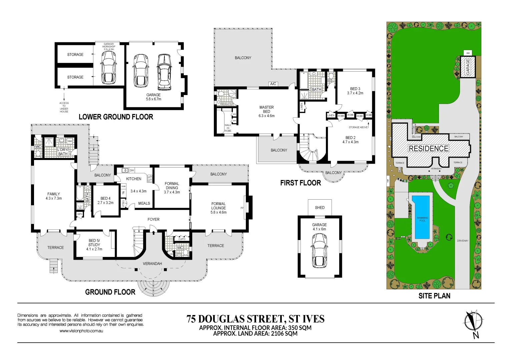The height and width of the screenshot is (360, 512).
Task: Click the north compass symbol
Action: (x=473, y=322)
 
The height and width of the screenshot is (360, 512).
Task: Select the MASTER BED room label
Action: (x=267, y=111)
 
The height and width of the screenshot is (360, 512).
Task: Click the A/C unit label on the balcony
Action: (x=273, y=84)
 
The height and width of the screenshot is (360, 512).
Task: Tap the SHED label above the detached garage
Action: (x=320, y=207)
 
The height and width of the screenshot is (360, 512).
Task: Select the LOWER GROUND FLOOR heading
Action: (x=116, y=117)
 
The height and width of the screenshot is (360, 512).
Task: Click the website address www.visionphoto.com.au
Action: (x=81, y=331)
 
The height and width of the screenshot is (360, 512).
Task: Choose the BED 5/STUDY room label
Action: (x=94, y=245)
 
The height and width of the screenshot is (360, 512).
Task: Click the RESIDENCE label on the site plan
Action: (x=429, y=148)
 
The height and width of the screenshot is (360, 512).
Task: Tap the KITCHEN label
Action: (x=133, y=179)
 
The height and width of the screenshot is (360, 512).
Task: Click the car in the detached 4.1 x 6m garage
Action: (x=320, y=250)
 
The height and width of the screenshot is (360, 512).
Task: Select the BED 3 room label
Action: (x=355, y=91)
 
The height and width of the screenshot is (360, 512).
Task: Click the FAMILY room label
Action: (x=53, y=196)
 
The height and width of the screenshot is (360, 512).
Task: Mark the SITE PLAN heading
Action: (x=434, y=296)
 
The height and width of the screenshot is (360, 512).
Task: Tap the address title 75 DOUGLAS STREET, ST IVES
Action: (x=255, y=319)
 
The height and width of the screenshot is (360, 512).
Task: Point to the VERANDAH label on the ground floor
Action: (x=152, y=264)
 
